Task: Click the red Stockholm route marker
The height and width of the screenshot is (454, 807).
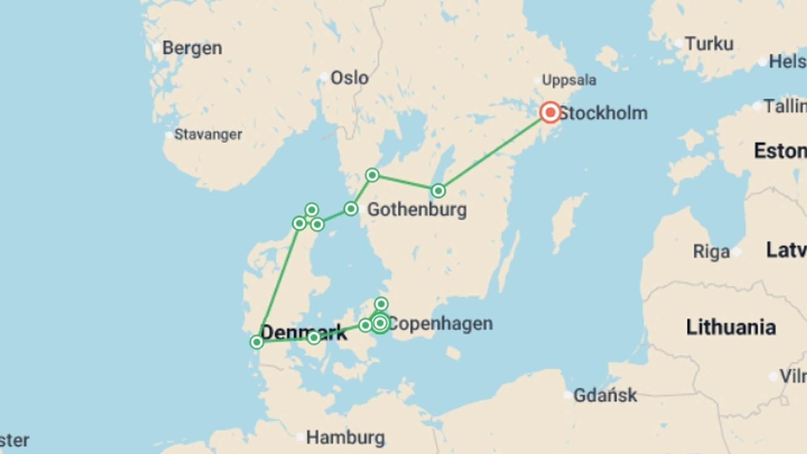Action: pos(550,112)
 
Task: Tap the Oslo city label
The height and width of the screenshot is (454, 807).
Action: pos(349,78)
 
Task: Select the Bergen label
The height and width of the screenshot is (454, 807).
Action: pos(192,48)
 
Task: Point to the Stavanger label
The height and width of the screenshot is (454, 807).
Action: pos(208,135)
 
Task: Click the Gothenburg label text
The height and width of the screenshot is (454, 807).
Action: pos(417,209)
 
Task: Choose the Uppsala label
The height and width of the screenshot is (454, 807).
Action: pos(569,80)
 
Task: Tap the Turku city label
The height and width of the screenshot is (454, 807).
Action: pos(709,44)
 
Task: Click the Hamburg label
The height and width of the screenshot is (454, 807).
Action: pos(345,438)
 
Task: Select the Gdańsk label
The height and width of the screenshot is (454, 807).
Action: pos(605,395)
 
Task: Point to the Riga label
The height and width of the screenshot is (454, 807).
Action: pos(711,252)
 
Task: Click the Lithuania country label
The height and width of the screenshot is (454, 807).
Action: pos(731,327)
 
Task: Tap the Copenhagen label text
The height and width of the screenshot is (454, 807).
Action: pos(440,324)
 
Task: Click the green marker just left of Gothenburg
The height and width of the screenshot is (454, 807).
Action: pos(351,209)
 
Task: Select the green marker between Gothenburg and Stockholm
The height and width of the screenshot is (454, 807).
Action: pos(438,191)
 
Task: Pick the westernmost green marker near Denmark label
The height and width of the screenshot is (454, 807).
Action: pos(257,342)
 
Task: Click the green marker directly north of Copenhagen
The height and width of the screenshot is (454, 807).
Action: pos(381,304)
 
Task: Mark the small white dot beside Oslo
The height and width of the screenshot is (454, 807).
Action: pos(324,77)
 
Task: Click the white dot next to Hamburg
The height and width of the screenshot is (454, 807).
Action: pos(300,437)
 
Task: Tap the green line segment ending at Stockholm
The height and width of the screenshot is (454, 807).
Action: pos(494,152)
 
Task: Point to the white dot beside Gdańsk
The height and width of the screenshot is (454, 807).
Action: pos(567,395)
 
